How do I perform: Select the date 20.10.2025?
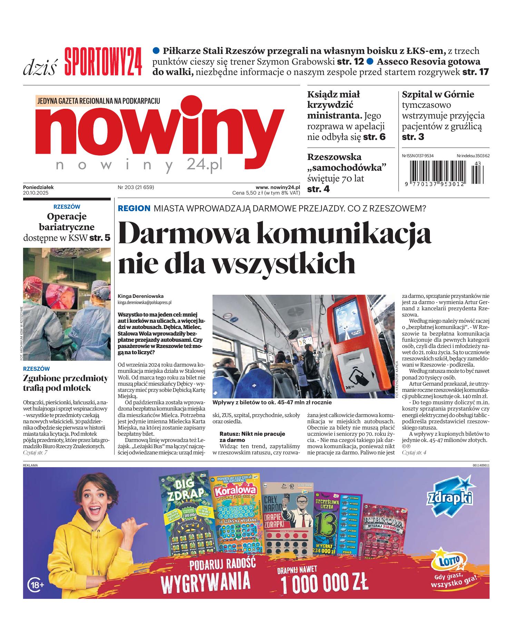(x=36, y=193)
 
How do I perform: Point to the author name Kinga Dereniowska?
(x=140, y=296)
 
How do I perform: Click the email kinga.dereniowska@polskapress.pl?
(x=145, y=302)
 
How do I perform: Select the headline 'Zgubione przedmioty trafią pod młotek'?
(x=65, y=383)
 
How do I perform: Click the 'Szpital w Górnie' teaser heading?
(x=438, y=95)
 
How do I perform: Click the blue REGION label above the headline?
(x=134, y=208)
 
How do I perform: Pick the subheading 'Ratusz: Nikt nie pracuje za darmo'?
(x=252, y=436)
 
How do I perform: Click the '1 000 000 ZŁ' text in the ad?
(x=324, y=584)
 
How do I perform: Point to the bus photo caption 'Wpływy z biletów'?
(x=272, y=402)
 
